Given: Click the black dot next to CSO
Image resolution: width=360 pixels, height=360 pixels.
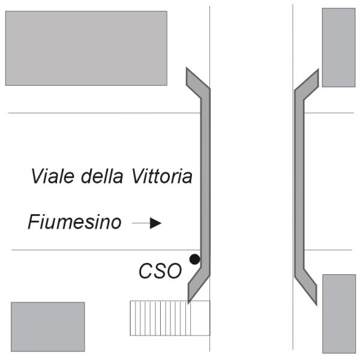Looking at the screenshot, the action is point(194,259).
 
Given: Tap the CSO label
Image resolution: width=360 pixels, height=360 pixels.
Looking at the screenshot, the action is point(160,271).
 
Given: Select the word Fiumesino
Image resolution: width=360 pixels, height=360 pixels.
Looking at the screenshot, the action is point(74,222).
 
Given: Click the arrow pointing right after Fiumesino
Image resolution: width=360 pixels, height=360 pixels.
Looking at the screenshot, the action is point(147,223).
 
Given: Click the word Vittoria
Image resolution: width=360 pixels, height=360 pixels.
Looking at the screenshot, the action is point(162,176).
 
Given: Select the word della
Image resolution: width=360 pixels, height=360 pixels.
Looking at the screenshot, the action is point(102,176).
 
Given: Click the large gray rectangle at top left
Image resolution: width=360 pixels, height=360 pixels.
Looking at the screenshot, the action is point(86,48).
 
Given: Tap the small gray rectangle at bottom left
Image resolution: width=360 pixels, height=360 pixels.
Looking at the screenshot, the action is point(48,327).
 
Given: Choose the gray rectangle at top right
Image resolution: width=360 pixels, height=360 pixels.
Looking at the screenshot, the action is point(339,47).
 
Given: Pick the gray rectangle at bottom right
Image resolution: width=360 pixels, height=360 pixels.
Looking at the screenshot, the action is point(339,314).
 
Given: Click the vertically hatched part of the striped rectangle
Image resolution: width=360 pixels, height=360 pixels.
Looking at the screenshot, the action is point(160,318).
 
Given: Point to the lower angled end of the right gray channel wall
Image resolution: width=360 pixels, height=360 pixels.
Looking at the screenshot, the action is point(307,286).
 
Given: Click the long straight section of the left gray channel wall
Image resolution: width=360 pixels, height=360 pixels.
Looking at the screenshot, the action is point(205,184).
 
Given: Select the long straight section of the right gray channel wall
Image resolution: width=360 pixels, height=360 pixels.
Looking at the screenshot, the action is point(299,184).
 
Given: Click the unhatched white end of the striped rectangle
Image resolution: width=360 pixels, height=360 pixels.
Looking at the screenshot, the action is point(200,318).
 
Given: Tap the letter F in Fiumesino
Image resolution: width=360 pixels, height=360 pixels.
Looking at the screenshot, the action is point(34,221).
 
